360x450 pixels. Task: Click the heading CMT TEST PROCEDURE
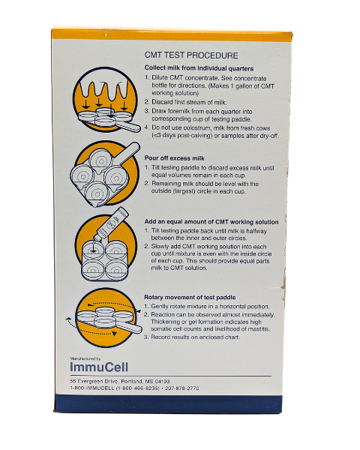(191, 55)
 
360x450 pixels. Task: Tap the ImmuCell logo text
(99, 367)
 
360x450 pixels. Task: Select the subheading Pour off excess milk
(175, 158)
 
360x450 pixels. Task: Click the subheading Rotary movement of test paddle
(190, 297)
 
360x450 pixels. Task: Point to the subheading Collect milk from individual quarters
(199, 68)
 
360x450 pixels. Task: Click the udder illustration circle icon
(105, 100)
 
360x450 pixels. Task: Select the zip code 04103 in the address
(162, 382)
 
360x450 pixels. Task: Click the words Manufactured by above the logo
(85, 358)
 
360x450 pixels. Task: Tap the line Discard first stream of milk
(189, 102)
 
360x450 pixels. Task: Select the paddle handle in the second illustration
(128, 153)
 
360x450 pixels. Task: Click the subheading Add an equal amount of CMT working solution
(211, 222)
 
